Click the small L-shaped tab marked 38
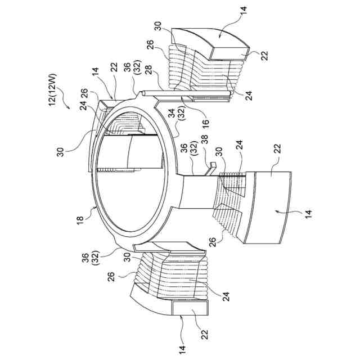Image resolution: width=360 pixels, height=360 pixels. (x=213, y=166)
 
